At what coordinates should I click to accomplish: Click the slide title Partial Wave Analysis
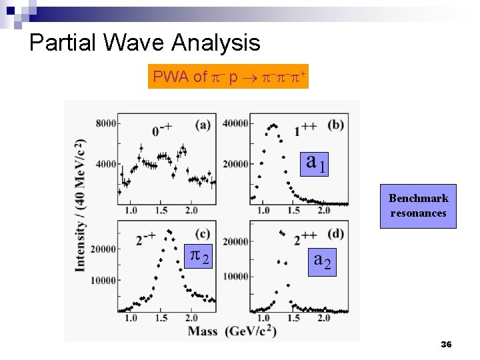145,43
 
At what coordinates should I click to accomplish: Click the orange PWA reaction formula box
229,77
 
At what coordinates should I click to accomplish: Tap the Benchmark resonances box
418,206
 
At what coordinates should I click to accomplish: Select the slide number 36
446,344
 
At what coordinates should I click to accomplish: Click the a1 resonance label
316,163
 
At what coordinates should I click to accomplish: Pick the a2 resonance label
322,259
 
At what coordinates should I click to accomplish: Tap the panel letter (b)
336,125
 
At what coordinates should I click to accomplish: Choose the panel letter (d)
336,233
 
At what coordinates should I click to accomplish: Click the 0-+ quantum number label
162,130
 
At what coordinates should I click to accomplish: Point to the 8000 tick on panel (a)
105,123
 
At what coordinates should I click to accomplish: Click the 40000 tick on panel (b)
235,123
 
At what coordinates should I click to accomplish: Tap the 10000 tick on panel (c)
103,280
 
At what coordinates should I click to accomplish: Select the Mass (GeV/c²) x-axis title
231,331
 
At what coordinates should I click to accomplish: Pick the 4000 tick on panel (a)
105,164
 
